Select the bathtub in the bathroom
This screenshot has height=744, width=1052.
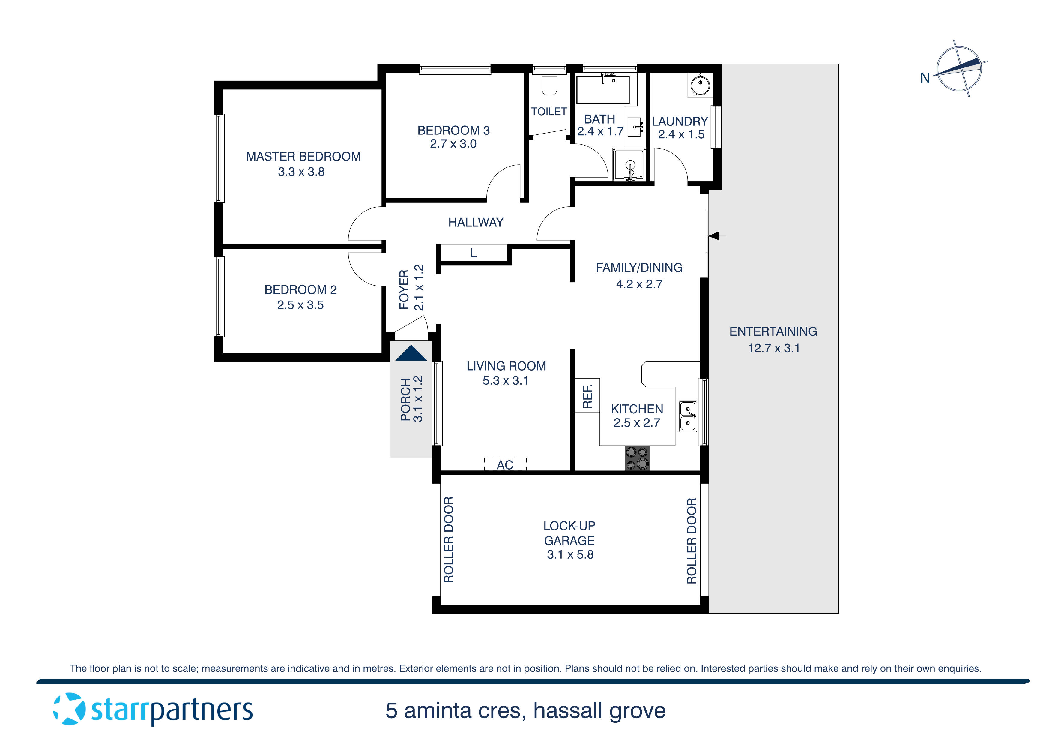pyautogui.click(x=603, y=90)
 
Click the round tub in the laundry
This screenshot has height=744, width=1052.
pyautogui.click(x=700, y=85)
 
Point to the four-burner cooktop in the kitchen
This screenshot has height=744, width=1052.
pyautogui.click(x=637, y=458)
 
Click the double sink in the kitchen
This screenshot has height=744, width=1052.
pyautogui.click(x=687, y=416)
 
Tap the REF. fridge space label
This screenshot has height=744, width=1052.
pyautogui.click(x=587, y=396)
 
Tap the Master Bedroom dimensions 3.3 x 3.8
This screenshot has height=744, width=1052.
pyautogui.click(x=301, y=172)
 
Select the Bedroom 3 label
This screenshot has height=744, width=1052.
pyautogui.click(x=453, y=130)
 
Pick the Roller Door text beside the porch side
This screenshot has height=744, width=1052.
pyautogui.click(x=449, y=539)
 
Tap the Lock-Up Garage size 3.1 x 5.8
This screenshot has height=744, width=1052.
pyautogui.click(x=570, y=555)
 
